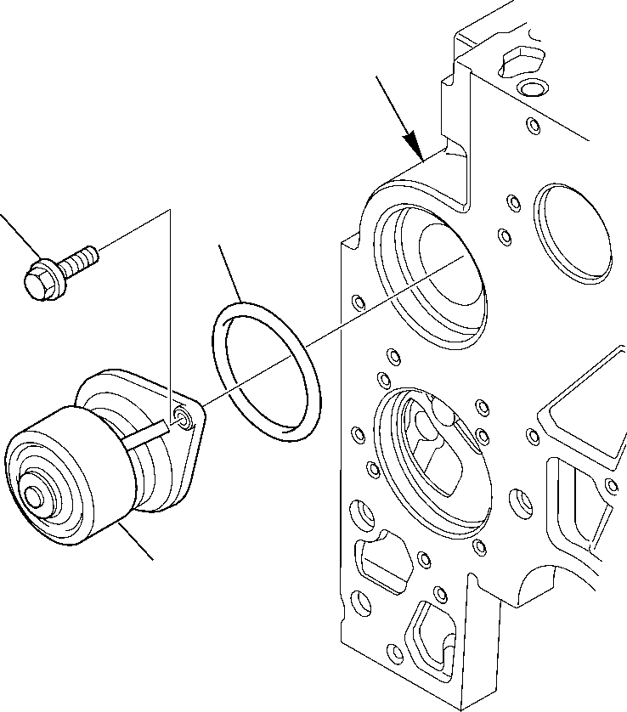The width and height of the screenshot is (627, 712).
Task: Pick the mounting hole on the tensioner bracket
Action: point(182,415)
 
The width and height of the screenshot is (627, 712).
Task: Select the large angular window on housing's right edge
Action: point(586,408)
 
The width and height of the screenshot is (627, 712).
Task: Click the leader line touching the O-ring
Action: point(229,272)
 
